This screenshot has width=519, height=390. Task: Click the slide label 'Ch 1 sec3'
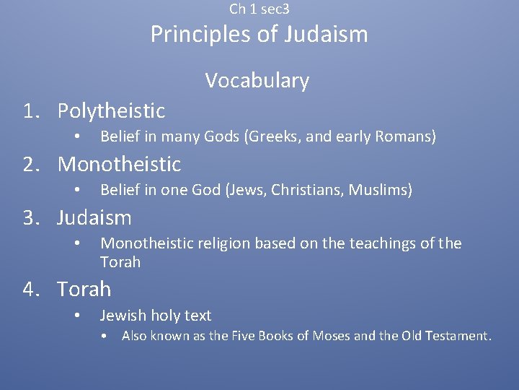tap(259, 9)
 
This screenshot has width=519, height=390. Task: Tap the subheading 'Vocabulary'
tap(257, 80)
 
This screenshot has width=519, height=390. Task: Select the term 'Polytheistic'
tap(111, 110)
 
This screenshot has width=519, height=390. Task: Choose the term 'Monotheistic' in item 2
tap(119, 164)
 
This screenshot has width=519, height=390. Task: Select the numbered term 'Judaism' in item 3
tap(94, 217)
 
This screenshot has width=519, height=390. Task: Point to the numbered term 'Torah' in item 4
tap(84, 289)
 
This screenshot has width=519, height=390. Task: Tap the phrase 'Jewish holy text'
tap(156, 316)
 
